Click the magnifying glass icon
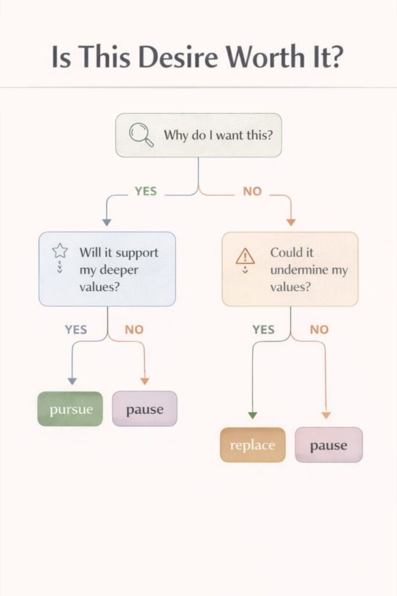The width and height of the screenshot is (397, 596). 141,136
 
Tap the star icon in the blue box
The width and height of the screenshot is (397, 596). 60,251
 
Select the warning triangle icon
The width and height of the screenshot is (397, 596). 245,256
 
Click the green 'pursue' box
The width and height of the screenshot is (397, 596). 70,409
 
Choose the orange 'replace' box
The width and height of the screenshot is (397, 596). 252,445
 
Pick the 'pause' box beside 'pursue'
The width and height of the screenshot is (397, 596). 144,409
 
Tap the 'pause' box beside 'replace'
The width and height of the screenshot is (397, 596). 328,445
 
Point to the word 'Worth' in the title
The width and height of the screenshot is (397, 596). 264,57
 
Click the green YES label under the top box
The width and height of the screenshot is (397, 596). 145,191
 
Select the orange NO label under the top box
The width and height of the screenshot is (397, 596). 252,191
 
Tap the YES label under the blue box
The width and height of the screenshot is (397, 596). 76,329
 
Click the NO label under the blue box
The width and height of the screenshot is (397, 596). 134,329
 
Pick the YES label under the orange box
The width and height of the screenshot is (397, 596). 263,329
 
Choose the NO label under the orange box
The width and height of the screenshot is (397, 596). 319,329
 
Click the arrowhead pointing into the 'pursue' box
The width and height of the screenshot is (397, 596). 72,381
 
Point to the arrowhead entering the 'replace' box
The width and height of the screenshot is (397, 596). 252,415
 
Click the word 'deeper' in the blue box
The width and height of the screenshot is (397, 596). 119,271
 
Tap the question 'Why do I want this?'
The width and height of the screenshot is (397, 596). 219,136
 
